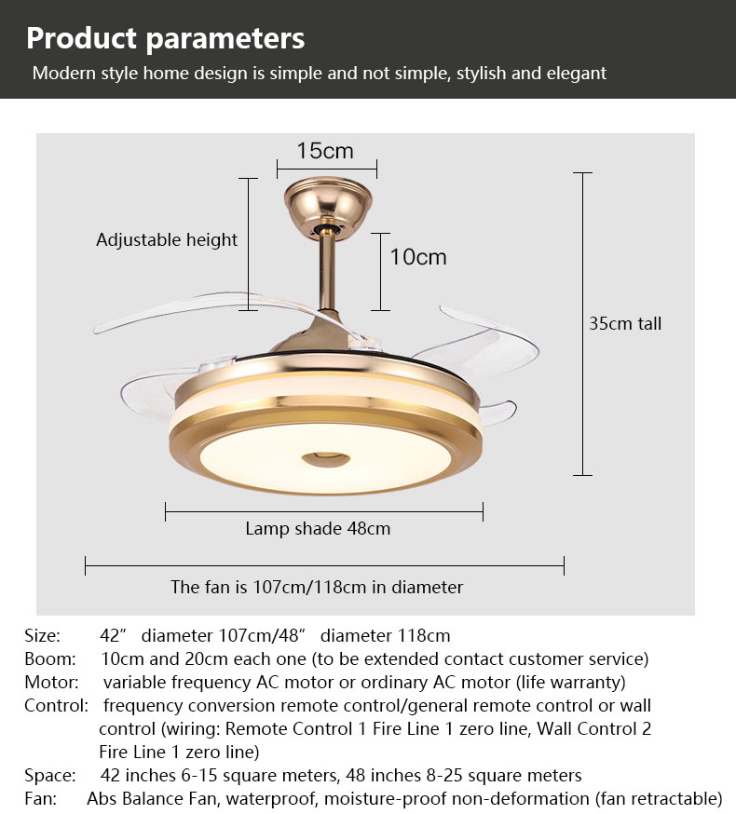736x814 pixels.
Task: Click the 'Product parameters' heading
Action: click(165, 39)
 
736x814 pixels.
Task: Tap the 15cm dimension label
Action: click(325, 151)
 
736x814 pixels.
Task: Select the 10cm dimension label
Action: click(418, 257)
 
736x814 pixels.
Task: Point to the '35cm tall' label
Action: click(625, 323)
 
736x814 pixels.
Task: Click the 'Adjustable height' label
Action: click(167, 240)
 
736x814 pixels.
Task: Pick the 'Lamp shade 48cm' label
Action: click(318, 528)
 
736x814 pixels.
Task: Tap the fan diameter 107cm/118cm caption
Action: click(317, 587)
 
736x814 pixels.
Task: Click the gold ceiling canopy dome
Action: click(328, 206)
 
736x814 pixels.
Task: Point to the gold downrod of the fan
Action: click(327, 273)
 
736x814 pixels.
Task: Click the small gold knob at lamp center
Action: click(326, 458)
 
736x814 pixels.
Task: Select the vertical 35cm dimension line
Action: click(583, 324)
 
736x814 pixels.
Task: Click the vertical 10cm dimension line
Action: click(381, 272)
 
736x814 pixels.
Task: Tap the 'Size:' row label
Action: click(43, 635)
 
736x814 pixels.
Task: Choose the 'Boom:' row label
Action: click(50, 658)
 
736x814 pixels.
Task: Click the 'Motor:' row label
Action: click(51, 682)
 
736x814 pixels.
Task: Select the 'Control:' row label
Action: click(56, 706)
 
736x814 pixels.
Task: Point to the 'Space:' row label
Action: click(50, 776)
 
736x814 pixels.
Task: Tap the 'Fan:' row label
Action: click(40, 798)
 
